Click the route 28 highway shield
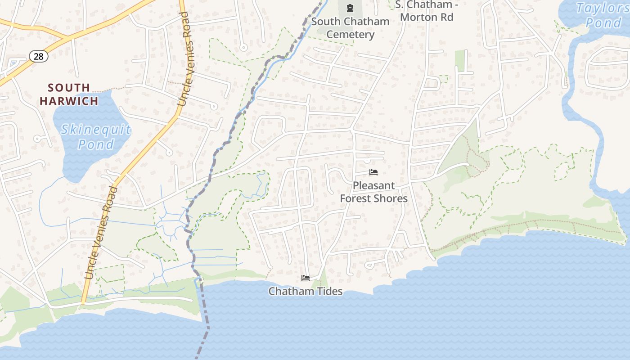coord(39,56)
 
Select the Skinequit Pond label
coord(96,137)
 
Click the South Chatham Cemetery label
coord(350,28)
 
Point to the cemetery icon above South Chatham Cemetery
coord(350,8)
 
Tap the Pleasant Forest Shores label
coord(373,192)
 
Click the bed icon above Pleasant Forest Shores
coord(373,172)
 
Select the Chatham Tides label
coord(306,291)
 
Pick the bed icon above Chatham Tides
coord(305,278)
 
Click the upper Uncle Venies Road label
coord(185,58)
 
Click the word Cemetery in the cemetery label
coord(350,35)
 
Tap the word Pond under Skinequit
coord(96,144)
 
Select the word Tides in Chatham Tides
coord(329,291)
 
